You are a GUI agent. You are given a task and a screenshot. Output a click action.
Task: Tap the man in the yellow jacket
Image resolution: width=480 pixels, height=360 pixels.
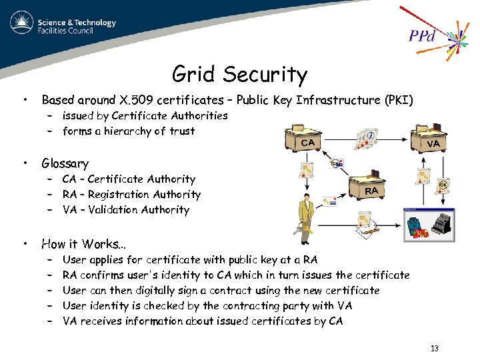[x=305, y=213]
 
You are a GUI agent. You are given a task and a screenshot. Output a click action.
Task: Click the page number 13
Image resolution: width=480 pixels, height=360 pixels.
[x=435, y=349]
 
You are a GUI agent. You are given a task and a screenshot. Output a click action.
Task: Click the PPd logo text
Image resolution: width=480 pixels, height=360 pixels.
[x=421, y=35]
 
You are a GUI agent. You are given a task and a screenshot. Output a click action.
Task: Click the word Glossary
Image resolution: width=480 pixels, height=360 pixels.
[x=65, y=163]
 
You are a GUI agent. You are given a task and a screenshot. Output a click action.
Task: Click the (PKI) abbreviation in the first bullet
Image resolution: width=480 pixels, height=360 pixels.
[x=399, y=101]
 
